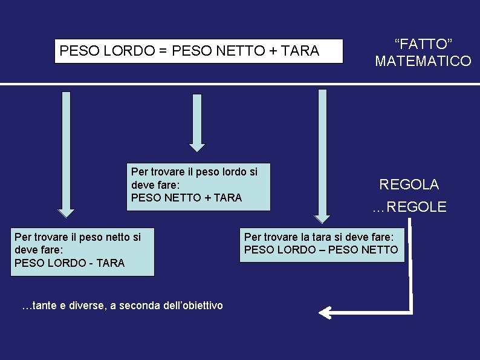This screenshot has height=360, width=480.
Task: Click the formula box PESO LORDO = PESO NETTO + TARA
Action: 198,51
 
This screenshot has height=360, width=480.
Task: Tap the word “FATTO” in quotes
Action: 423,44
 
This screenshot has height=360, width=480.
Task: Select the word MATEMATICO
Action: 423,61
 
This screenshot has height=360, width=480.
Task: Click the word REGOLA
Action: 409,185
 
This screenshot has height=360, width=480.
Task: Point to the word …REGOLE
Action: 409,208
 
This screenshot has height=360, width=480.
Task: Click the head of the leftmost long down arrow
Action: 66,212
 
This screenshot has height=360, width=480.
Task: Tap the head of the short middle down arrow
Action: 197,146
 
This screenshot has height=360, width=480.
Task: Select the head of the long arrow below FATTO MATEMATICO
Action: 322,218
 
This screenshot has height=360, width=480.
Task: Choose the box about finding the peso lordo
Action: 198,186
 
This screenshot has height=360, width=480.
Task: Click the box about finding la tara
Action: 322,244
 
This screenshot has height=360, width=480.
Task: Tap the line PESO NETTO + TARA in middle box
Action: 186,198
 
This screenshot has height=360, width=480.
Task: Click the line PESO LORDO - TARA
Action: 69,263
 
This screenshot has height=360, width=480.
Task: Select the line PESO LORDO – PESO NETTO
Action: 321,250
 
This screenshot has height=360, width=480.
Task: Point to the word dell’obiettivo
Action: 193,306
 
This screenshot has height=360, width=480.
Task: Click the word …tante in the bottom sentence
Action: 34,306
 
